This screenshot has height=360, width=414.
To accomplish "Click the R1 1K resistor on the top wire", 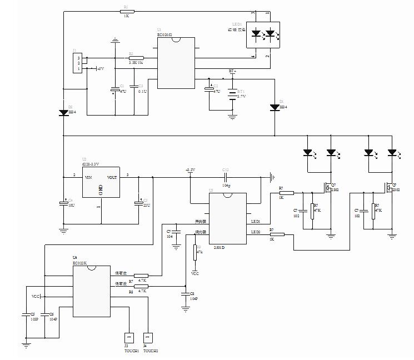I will (x=126, y=11).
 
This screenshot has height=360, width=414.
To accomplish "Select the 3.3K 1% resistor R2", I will (x=136, y=58).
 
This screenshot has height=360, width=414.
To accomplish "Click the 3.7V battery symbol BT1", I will (x=232, y=95).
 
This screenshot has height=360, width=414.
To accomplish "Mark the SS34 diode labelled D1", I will (x=275, y=107).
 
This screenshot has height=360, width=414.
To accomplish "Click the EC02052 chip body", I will (x=176, y=63).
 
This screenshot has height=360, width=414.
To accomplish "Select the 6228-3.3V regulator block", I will (x=101, y=182).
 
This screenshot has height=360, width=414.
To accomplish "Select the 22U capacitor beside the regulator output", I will (x=138, y=203).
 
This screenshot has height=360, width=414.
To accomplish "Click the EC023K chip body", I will (x=92, y=291).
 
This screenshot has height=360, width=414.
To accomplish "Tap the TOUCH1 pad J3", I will (x=128, y=337).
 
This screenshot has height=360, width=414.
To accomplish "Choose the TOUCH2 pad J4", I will (x=148, y=337).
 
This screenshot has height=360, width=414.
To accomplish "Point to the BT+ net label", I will (x=233, y=72).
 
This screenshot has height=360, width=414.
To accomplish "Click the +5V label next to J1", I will (x=100, y=68).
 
